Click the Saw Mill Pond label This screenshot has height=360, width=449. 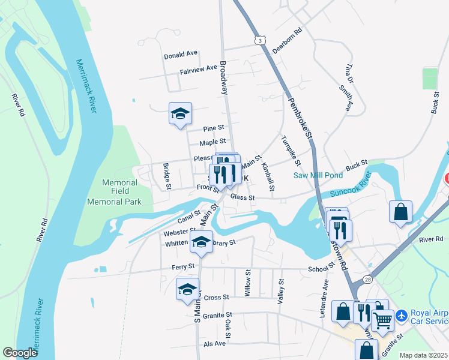[x=318, y=175]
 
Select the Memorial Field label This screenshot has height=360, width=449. [x=120, y=182]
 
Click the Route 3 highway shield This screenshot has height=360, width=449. [x=259, y=40]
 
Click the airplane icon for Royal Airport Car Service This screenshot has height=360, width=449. [x=400, y=314]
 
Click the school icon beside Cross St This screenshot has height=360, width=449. [x=187, y=289]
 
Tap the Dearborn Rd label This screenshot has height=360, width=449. [x=286, y=40]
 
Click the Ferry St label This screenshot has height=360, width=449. [x=183, y=266]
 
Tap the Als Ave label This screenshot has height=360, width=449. [x=214, y=343]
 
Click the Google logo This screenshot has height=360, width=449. [x=20, y=353]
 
